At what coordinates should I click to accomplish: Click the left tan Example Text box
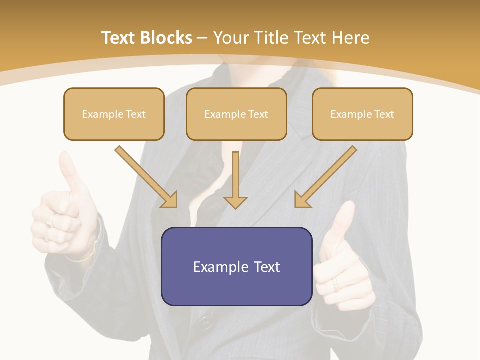(x=114, y=114)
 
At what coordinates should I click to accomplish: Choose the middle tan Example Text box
(x=236, y=114)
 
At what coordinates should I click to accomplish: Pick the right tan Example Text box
(x=362, y=114)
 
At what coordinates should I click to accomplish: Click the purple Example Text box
(x=236, y=266)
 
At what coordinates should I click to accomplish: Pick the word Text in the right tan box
(x=384, y=114)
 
